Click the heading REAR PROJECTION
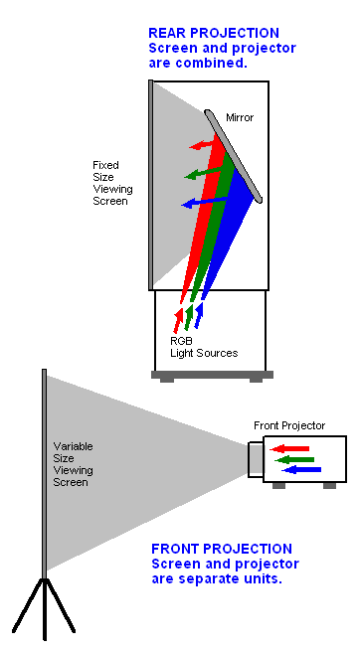coord(213,33)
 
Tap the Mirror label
coord(240,117)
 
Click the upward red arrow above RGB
coord(179,318)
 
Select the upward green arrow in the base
coord(189,316)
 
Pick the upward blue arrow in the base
coord(199,314)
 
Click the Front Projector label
coord(289,425)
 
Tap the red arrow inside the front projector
coord(291,450)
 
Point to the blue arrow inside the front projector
coord(302,469)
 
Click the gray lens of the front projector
coord(256,458)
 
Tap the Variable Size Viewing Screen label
coord(71,464)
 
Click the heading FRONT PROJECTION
coord(221,549)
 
